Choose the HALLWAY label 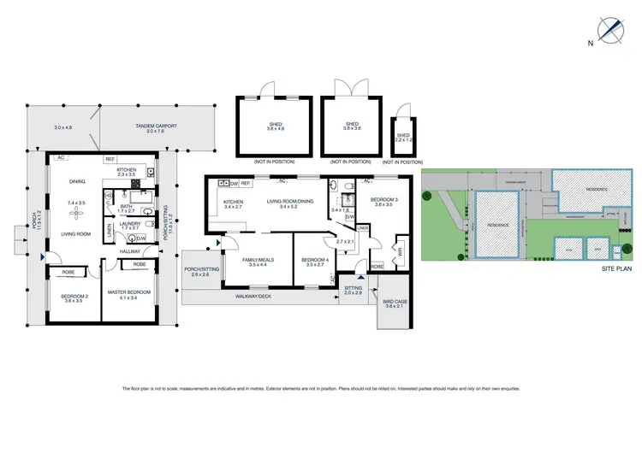(131, 251)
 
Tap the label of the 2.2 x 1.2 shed (402, 135)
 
